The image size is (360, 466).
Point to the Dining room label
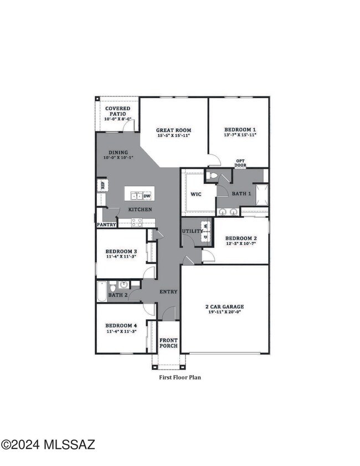[x=119, y=152]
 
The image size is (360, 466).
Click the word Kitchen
[x=140, y=209]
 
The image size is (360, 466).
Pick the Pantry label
[x=106, y=225]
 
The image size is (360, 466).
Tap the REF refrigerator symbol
[x=102, y=185]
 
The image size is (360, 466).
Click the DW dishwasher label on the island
[x=147, y=196]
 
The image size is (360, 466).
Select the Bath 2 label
[x=119, y=295]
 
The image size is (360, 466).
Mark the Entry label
[x=168, y=291]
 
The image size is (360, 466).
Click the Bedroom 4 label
[x=121, y=325]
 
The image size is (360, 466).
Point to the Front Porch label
[x=168, y=342]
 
